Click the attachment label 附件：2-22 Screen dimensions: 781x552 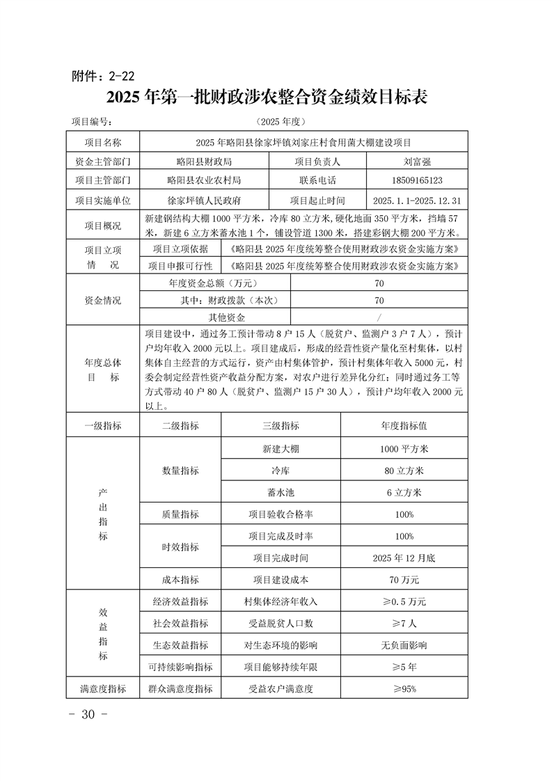[x=104, y=75]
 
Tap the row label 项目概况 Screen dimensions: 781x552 [x=103, y=226]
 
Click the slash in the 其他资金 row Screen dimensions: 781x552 [x=379, y=317]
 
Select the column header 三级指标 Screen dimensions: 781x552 [x=281, y=425]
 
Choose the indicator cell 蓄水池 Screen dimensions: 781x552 [x=281, y=492]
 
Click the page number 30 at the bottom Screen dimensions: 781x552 [x=88, y=715]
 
